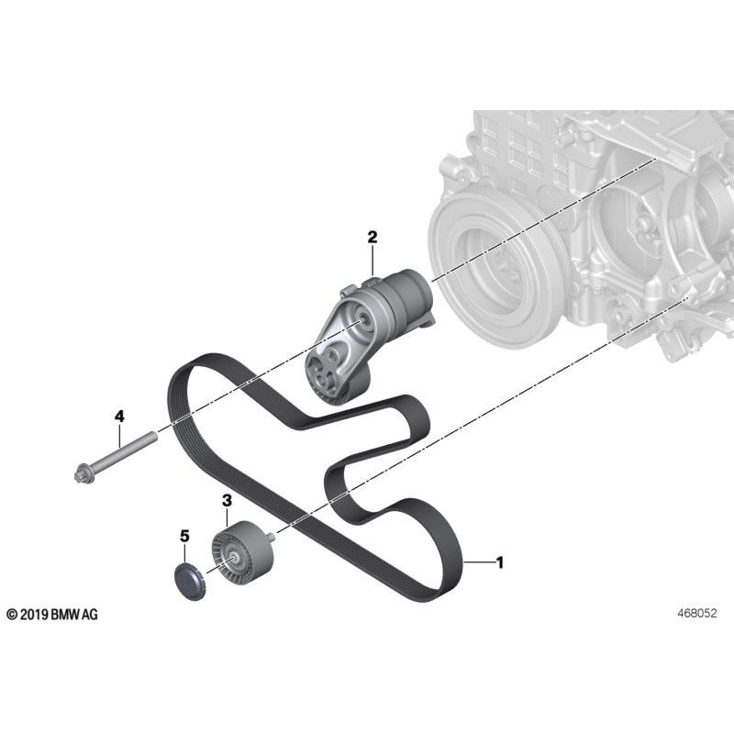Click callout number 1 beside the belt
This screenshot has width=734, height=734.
(499, 562)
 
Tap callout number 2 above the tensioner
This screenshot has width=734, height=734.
(373, 238)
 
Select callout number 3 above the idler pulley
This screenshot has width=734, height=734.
(226, 500)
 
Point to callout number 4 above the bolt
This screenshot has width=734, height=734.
(119, 417)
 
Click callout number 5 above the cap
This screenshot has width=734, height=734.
(183, 535)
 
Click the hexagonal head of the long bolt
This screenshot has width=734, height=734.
(79, 474)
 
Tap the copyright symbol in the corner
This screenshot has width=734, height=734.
(11, 614)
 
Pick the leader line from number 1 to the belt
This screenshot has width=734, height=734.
(479, 562)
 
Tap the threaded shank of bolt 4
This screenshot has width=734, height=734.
(128, 449)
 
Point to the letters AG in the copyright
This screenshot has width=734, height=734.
(89, 614)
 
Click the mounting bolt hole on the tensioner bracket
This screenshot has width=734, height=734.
(366, 319)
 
